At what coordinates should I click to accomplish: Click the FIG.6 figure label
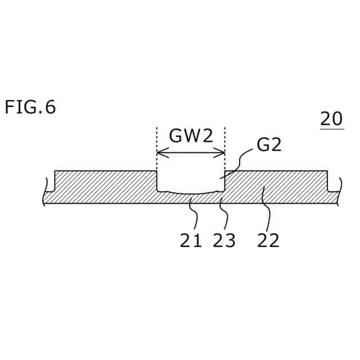click(x=30, y=107)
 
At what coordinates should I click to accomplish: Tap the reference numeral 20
click(x=331, y=119)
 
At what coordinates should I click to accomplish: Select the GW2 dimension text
click(x=191, y=136)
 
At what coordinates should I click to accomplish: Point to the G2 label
click(x=268, y=145)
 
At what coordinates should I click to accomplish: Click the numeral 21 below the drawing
click(x=191, y=241)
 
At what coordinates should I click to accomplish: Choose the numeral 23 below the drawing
click(x=224, y=241)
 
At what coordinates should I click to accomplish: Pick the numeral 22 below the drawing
click(x=268, y=241)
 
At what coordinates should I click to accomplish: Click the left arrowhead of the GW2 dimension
click(x=160, y=152)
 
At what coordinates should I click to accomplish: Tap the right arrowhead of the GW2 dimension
click(x=222, y=152)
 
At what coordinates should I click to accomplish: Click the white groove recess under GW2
click(x=190, y=181)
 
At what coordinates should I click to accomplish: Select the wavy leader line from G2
click(x=239, y=163)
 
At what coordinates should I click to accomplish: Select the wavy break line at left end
click(x=44, y=192)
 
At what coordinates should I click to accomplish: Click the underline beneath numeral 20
click(x=331, y=129)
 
